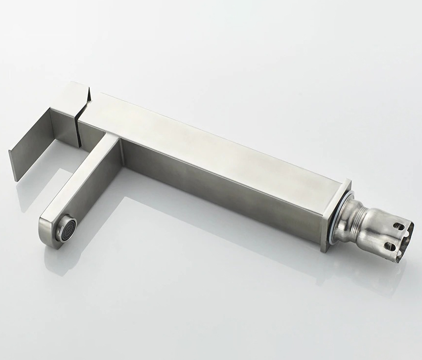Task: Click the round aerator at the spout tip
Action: (x=67, y=228)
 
